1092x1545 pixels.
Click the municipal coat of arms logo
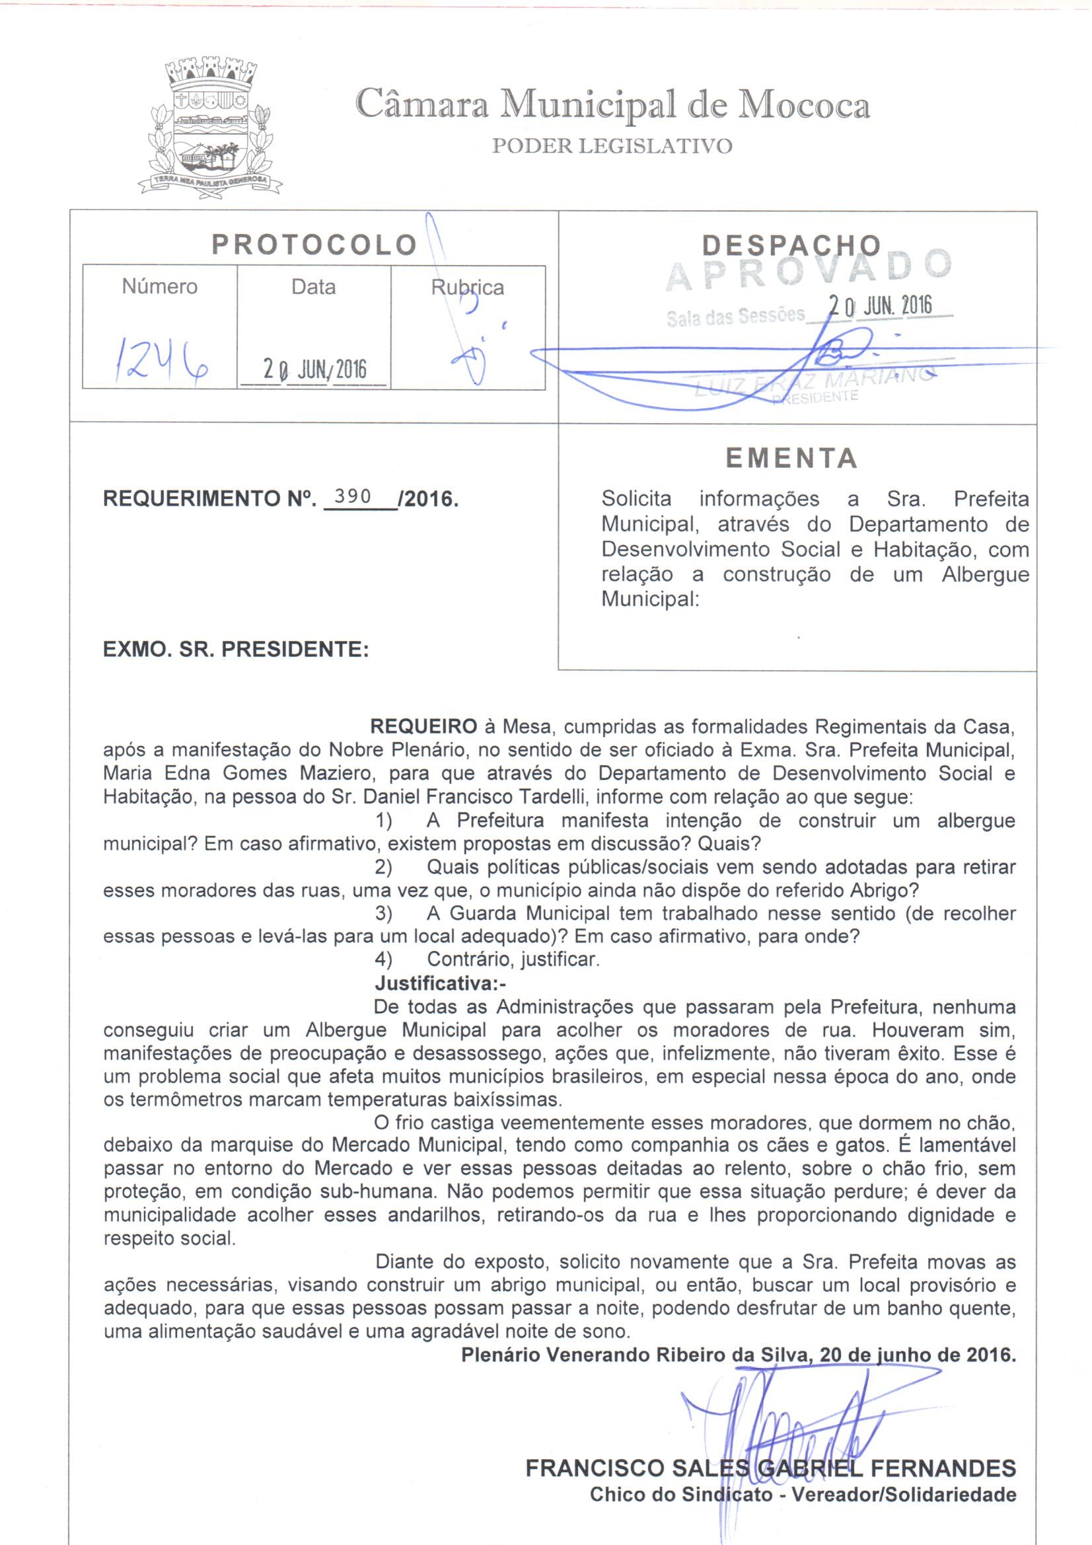pyautogui.click(x=210, y=128)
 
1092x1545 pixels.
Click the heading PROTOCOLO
pyautogui.click(x=314, y=245)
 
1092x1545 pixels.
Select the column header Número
pyautogui.click(x=159, y=287)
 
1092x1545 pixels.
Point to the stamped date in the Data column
pyautogui.click(x=314, y=369)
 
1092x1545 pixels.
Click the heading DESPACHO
pyautogui.click(x=791, y=246)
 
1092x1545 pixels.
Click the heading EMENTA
pyautogui.click(x=792, y=459)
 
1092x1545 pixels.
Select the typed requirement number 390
pyautogui.click(x=353, y=497)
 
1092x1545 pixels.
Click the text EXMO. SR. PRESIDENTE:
pyautogui.click(x=235, y=650)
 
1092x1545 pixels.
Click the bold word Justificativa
pyautogui.click(x=438, y=983)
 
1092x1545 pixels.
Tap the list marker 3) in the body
pyautogui.click(x=384, y=914)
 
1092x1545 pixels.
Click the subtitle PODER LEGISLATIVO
pyautogui.click(x=612, y=146)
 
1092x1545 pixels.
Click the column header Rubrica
pyautogui.click(x=467, y=287)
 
